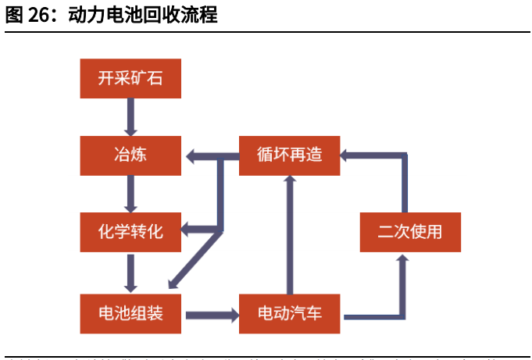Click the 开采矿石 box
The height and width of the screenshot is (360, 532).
tap(130, 78)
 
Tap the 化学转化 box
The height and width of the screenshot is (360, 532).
tap(130, 232)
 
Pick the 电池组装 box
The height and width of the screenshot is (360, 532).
tap(130, 314)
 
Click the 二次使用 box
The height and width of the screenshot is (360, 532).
tap(409, 232)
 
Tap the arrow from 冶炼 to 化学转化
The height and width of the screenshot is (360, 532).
tap(130, 193)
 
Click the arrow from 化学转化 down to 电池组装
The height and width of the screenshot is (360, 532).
tap(130, 273)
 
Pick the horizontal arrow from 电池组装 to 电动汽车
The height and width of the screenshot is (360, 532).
tap(211, 315)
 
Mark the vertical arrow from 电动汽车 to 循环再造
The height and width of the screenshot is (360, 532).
tap(290, 234)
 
